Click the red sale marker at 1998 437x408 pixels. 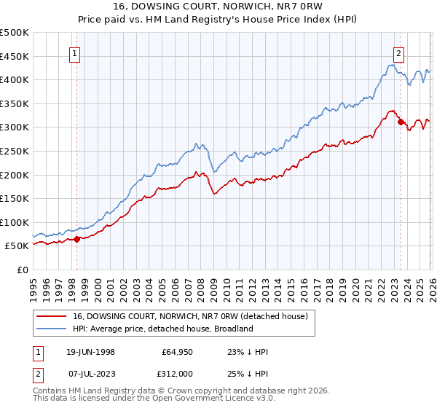[x=77, y=238]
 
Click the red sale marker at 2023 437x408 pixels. [x=401, y=122]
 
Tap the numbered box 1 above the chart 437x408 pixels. [x=76, y=52]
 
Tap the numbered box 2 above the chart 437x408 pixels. [x=399, y=52]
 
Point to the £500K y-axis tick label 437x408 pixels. [x=15, y=33]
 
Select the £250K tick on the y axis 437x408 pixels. [x=15, y=151]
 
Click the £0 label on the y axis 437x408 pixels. [x=22, y=270]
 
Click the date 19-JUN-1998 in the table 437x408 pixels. [x=90, y=352]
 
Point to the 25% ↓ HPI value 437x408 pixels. [x=248, y=372]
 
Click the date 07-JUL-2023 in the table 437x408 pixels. [x=90, y=372]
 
